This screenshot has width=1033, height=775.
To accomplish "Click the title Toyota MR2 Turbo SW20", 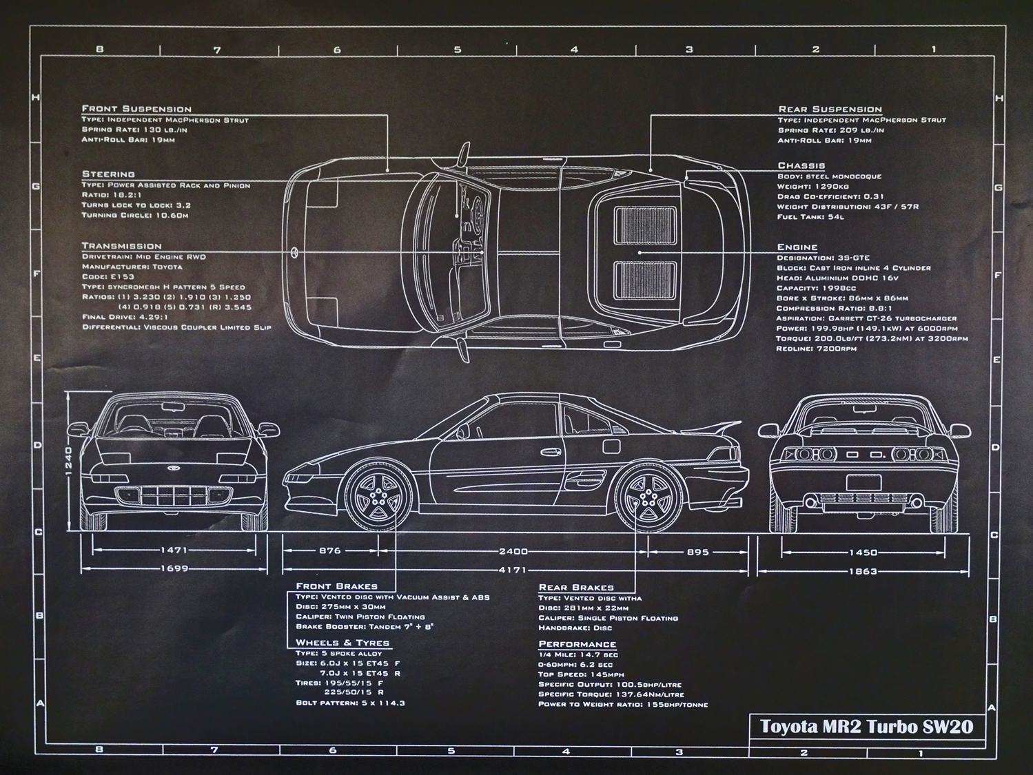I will tap(866, 727).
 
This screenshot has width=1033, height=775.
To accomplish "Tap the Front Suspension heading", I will tap(136, 109).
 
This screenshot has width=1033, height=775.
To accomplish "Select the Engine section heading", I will tap(797, 247).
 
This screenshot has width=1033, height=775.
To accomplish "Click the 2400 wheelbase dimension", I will tap(513, 551).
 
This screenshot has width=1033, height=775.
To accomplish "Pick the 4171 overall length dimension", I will tap(513, 570).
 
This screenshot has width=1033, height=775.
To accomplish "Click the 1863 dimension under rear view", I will tap(863, 571).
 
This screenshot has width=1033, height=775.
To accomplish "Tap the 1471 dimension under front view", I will tap(174, 550).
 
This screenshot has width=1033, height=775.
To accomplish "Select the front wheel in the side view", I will tap(378, 497).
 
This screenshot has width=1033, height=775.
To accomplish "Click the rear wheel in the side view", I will tap(648, 497).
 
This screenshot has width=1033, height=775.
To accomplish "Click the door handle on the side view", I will tap(549, 452).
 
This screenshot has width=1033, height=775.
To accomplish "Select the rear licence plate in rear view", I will tap(863, 482).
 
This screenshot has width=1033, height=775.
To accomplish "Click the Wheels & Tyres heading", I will tap(342, 643).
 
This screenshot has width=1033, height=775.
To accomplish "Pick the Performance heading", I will tap(577, 644).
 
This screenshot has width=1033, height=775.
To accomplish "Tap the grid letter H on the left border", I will tap(36, 98).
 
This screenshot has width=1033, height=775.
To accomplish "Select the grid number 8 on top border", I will tap(100, 49).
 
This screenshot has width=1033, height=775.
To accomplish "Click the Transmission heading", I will tap(121, 246).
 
